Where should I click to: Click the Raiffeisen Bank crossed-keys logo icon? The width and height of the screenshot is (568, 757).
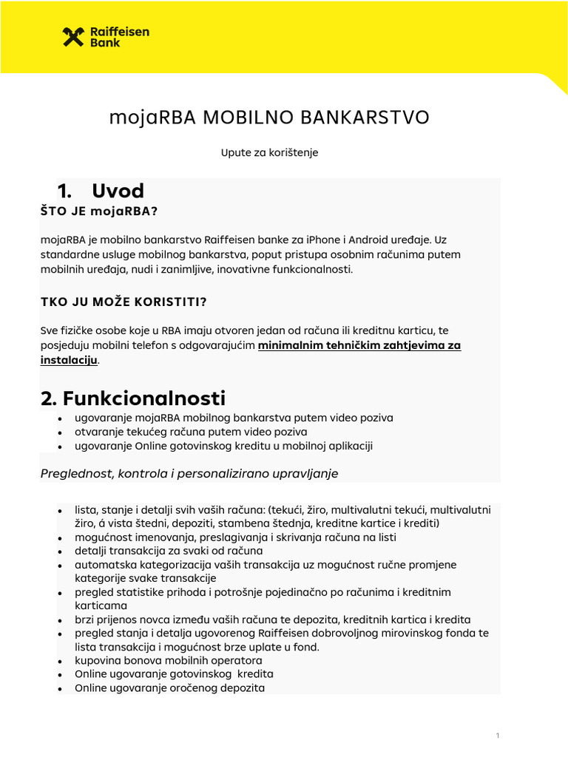pos(73,37)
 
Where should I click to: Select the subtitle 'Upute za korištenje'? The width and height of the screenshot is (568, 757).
pos(269,153)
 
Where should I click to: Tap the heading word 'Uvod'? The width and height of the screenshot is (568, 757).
pos(118,191)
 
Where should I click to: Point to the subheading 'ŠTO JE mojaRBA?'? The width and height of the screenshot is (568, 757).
pos(99,211)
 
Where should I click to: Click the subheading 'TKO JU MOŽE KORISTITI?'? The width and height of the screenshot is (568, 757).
pos(124,302)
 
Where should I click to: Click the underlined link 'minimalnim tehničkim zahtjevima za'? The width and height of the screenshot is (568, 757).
pos(359,345)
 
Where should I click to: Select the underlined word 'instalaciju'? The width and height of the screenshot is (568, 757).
pos(69,360)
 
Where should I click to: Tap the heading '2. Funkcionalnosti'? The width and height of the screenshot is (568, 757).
pos(133,398)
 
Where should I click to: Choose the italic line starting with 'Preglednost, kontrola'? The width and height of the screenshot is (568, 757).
pos(189,473)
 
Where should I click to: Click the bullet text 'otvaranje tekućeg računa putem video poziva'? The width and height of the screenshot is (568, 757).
pos(191,432)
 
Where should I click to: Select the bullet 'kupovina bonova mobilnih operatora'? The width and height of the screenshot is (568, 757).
pos(168,660)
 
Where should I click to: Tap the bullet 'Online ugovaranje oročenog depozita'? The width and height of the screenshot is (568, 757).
pos(169,688)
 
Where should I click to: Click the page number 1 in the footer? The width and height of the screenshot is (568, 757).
pos(498,736)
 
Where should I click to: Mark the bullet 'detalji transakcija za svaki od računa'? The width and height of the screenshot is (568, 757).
pos(169,551)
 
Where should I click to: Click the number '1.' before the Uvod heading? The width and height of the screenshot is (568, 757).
pos(64,191)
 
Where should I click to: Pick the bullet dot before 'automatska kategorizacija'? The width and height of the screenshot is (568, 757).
pos(59,566)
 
